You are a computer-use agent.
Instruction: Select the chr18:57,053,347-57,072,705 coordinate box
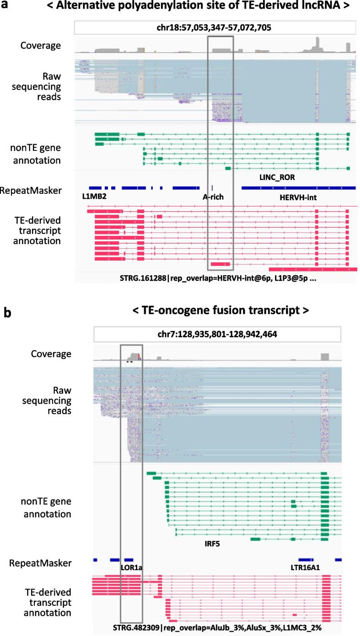[215, 27]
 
